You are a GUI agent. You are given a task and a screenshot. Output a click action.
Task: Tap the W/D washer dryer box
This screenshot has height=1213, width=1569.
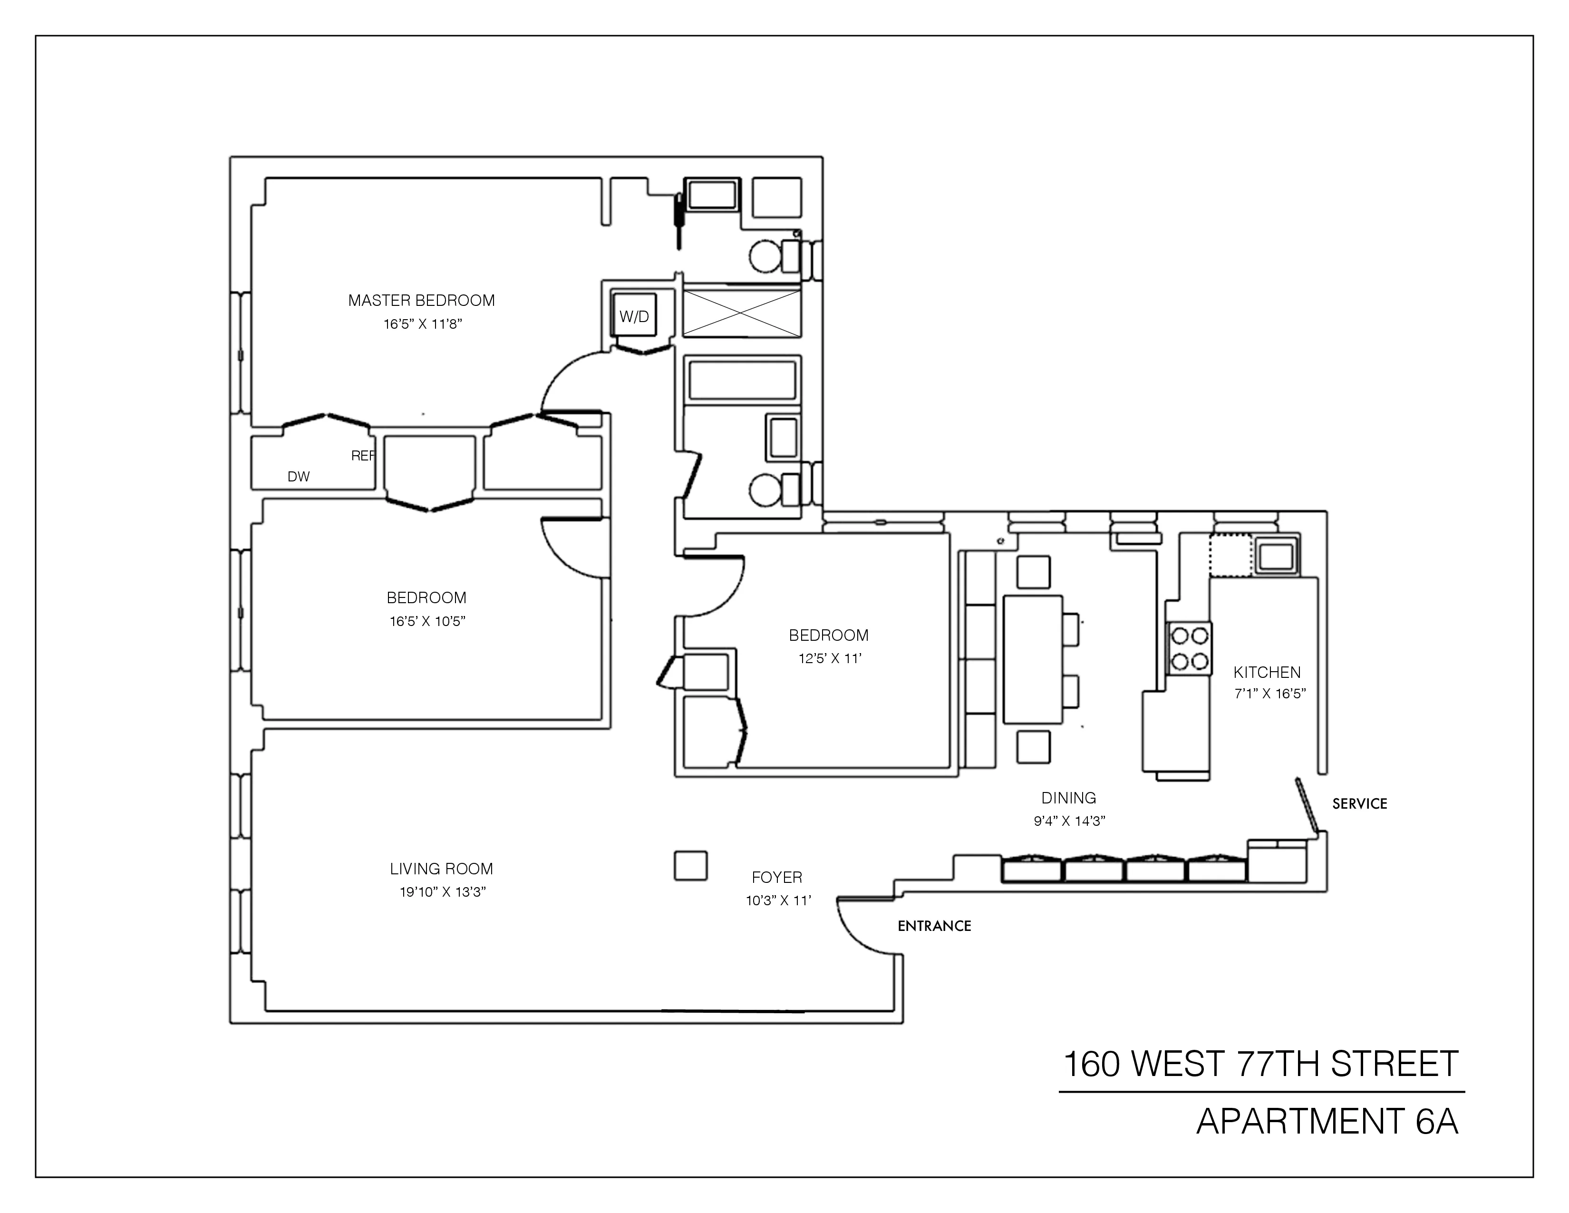pos(634,316)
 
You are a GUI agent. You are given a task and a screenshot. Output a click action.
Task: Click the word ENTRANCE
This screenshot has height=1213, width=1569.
pos(934,926)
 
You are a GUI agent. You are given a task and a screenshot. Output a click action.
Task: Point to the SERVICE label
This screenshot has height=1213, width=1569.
pos(1359,804)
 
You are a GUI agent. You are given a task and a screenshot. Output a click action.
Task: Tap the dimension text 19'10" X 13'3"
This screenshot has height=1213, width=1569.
pos(443,892)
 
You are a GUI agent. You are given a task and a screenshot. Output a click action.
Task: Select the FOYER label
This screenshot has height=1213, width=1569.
pos(776,878)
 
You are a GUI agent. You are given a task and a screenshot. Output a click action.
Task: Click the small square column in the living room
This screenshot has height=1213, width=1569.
pos(690,865)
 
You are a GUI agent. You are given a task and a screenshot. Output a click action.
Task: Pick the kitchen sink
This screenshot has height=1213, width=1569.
pos(1277,556)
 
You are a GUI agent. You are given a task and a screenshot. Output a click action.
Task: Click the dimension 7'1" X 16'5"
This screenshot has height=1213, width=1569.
pos(1269,694)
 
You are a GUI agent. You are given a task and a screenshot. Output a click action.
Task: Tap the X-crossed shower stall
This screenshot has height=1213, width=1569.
pos(741,313)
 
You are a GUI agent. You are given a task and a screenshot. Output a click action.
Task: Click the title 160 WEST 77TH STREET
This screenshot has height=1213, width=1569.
pos(1261,1064)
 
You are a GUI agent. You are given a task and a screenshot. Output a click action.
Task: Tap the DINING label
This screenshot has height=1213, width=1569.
pos(1068,798)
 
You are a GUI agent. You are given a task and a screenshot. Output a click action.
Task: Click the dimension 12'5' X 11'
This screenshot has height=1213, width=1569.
pos(830,658)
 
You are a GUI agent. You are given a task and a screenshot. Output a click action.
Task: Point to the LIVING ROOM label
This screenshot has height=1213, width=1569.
pos(441,869)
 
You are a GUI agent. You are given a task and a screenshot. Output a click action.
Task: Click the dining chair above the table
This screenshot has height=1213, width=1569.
pos(1033,573)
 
